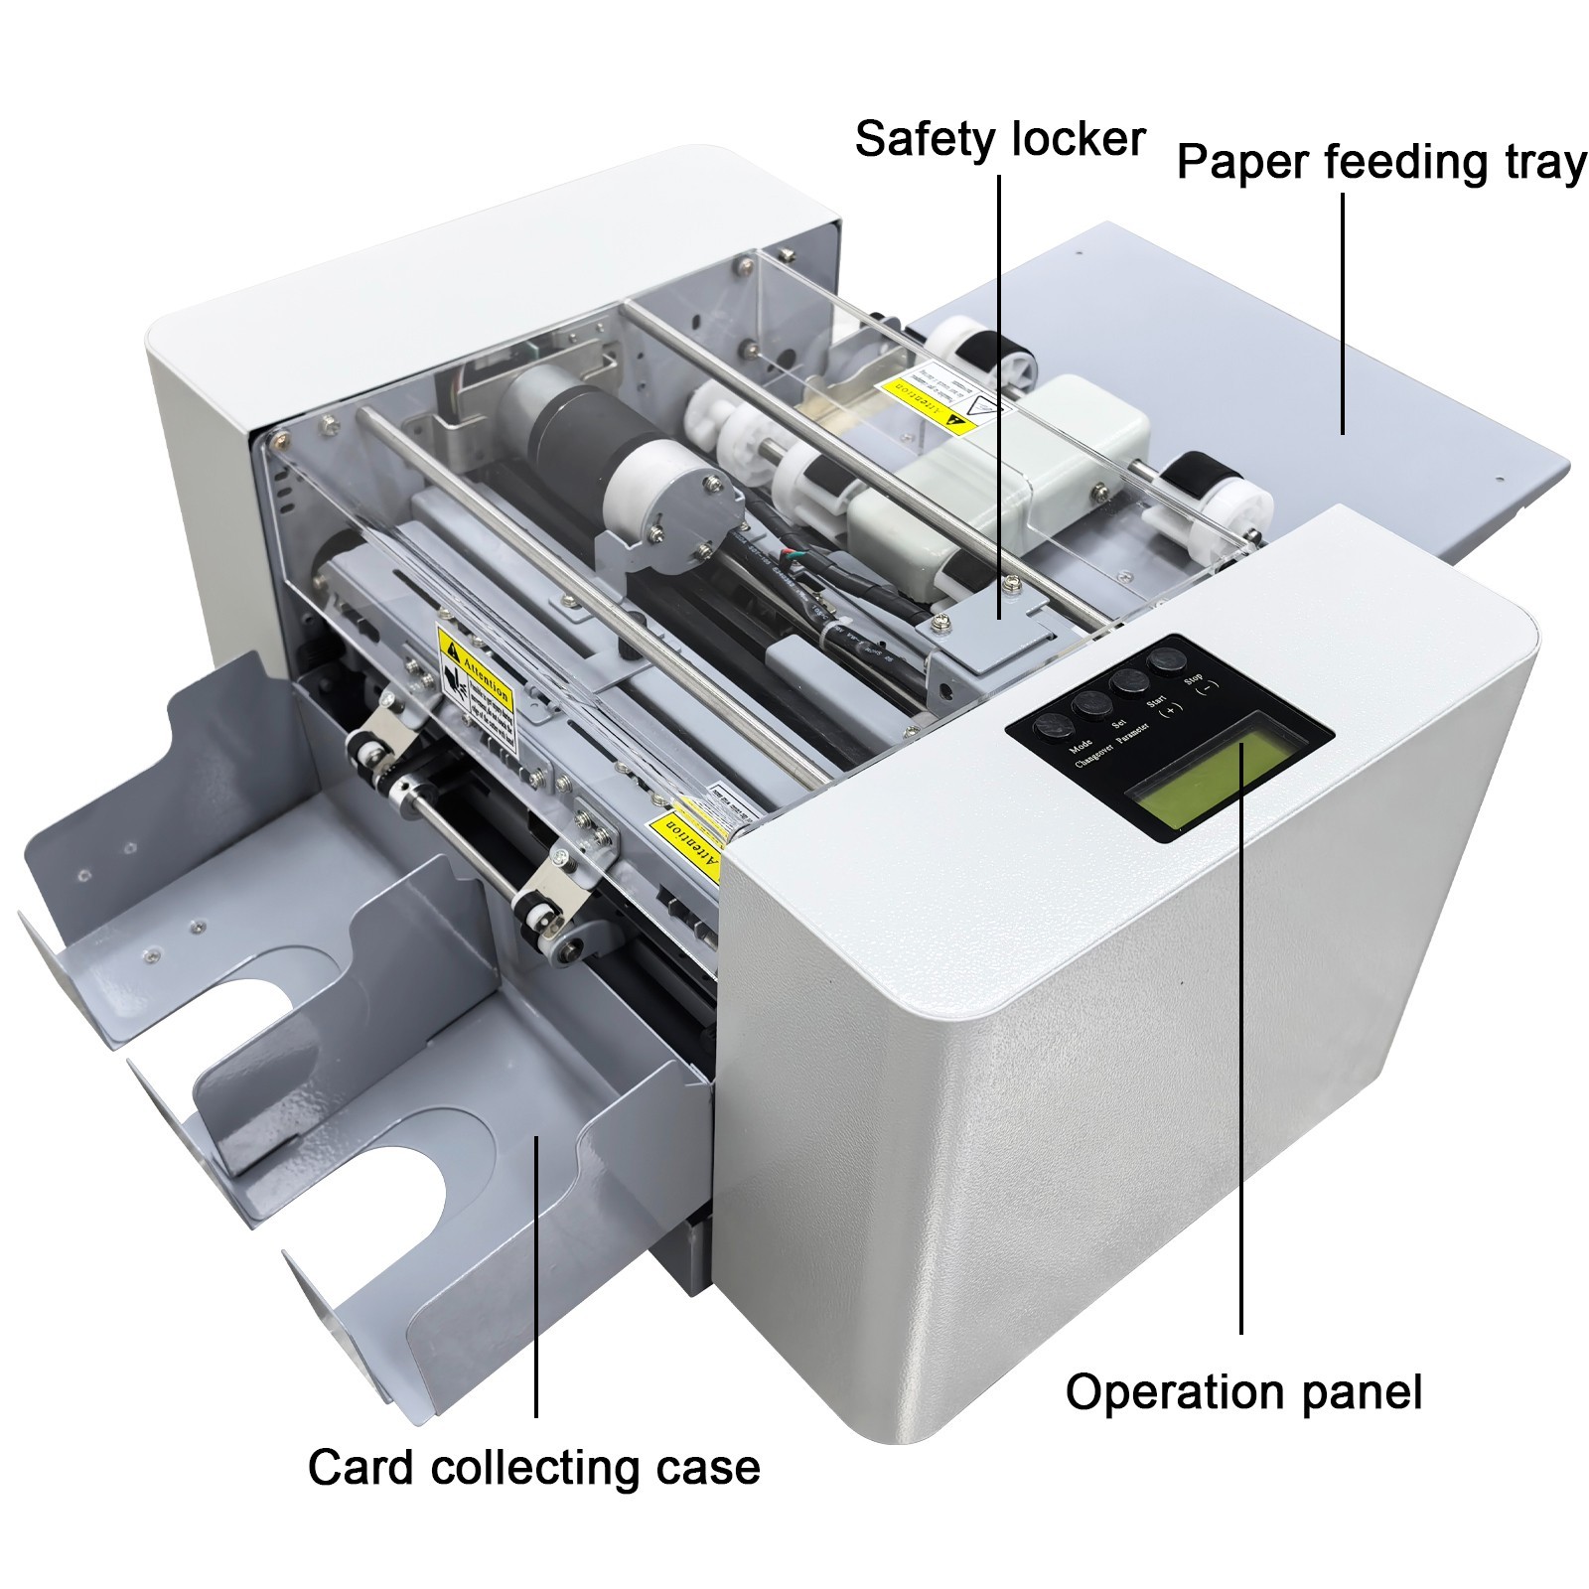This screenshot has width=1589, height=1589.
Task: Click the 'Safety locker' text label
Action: (x=999, y=139)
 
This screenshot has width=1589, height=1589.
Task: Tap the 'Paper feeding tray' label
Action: (x=1380, y=162)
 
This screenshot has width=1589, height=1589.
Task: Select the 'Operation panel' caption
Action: (x=1242, y=1391)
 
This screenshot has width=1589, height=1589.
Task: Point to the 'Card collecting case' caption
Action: (x=534, y=1467)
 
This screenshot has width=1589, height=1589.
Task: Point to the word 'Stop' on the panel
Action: (x=1193, y=680)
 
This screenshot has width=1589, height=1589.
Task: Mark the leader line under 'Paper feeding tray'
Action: (x=1343, y=313)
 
